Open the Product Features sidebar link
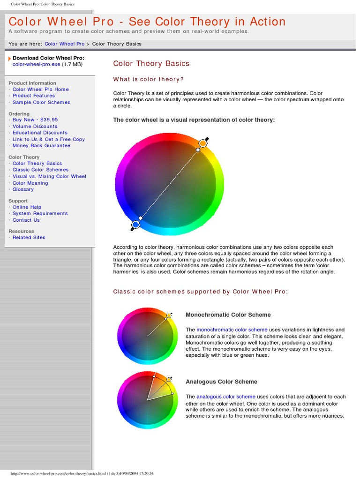[34, 96]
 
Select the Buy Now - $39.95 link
[35, 120]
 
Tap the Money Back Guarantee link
[41, 145]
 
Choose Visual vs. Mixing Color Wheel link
[49, 176]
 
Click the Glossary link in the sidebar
[23, 189]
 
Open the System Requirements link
[40, 213]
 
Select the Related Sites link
[29, 237]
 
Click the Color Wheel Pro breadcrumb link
[64, 44]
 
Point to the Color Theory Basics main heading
[151, 63]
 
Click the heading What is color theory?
[149, 79]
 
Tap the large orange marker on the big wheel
[203, 143]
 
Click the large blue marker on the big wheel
[135, 225]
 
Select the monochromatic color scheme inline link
[232, 330]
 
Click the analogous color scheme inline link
[226, 397]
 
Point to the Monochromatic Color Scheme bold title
[228, 315]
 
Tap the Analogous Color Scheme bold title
[221, 382]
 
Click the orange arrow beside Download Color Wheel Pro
[10, 58]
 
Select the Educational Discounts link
[40, 133]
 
